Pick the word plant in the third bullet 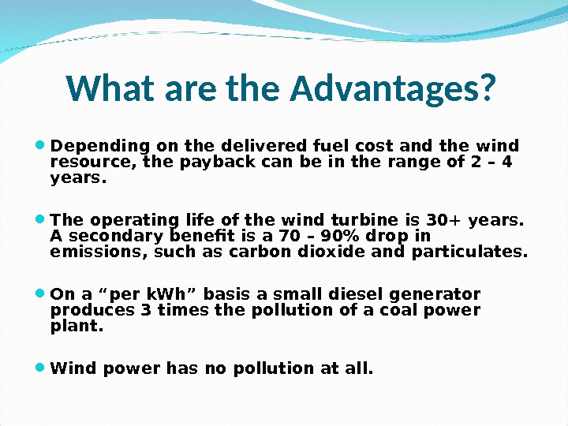pyautogui.click(x=75, y=325)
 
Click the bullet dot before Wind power pyautogui.click(x=40, y=368)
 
